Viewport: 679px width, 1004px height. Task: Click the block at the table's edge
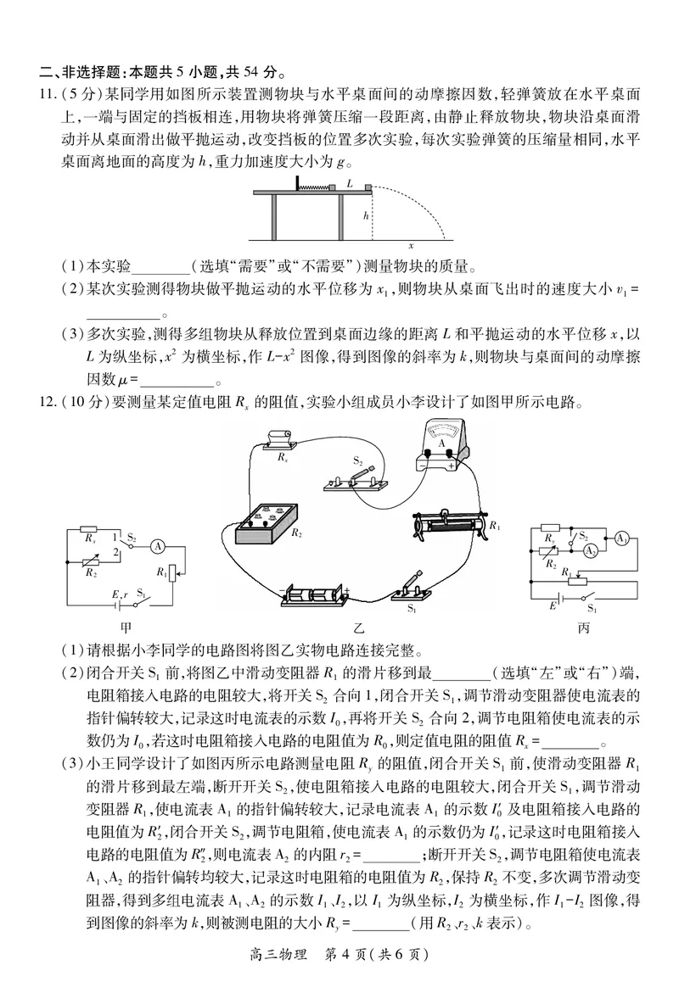pyautogui.click(x=367, y=187)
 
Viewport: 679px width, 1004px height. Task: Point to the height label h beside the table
pyautogui.click(x=366, y=216)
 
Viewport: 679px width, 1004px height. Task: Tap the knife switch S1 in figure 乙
pyautogui.click(x=416, y=588)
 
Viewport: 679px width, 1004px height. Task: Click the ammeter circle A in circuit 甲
pyautogui.click(x=157, y=548)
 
